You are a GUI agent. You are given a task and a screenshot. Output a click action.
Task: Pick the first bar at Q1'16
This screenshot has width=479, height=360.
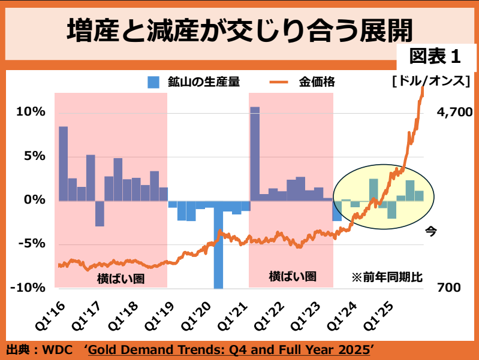tap(63, 164)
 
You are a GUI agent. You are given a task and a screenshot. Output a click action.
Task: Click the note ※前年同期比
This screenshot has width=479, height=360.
tap(387, 277)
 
